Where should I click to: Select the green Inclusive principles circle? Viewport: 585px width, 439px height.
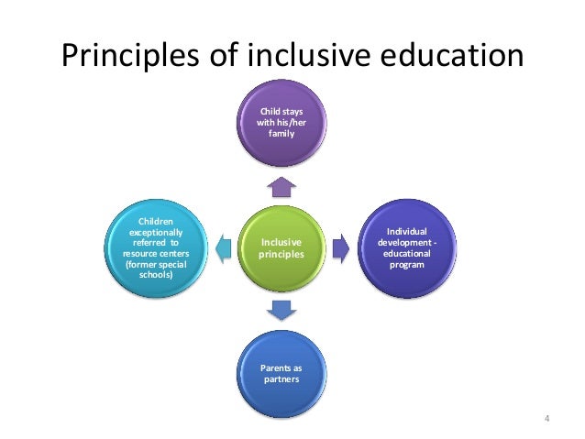281,247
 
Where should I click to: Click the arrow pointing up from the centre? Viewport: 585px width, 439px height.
281,187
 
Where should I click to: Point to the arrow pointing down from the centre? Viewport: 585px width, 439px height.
281,310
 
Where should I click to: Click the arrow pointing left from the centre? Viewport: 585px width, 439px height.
221,247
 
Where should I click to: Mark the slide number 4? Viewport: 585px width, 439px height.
546,421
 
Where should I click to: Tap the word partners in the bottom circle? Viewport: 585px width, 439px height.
281,379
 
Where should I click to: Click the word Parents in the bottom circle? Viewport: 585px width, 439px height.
281,368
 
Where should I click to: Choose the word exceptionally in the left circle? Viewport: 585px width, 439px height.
154,233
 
